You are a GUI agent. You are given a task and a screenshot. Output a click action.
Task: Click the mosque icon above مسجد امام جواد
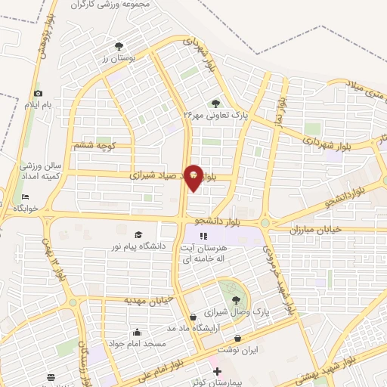pos(137,331)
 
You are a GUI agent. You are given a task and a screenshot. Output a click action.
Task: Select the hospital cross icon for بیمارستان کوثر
pos(217,371)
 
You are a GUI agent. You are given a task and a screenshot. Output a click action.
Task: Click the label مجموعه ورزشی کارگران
pos(112,5)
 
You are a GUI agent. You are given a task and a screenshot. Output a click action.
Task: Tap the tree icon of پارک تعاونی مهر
pos(216,103)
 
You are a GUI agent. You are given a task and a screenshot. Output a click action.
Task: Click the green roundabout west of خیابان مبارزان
pos(265,223)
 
